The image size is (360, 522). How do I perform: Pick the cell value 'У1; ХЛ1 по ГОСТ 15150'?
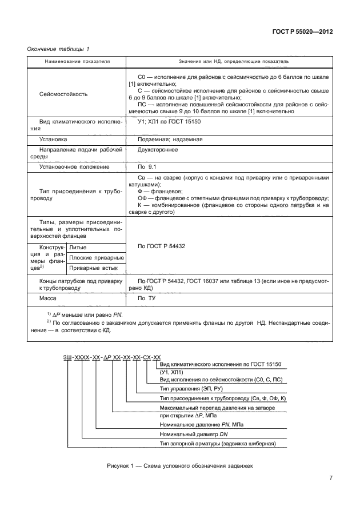click(169, 122)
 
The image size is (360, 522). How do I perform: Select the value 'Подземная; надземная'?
click(170, 139)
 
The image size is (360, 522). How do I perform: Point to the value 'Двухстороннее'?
click(158, 150)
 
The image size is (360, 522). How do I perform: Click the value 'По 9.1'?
click(147, 166)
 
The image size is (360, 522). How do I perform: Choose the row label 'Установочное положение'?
click(74, 166)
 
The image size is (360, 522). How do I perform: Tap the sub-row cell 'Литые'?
click(77, 247)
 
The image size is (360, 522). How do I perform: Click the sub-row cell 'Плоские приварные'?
click(93, 257)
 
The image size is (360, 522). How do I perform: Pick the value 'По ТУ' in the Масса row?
click(147, 298)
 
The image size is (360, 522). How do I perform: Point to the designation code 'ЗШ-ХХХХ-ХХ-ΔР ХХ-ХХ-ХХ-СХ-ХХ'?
click(111, 356)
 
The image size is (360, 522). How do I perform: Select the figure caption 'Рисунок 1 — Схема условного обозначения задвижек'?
click(179, 465)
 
